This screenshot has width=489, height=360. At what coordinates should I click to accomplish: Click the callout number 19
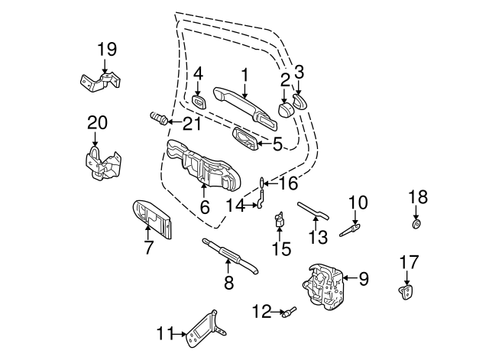(x=107, y=50)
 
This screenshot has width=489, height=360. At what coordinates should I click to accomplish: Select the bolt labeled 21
(x=158, y=119)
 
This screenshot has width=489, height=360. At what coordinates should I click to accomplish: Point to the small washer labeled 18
(x=416, y=225)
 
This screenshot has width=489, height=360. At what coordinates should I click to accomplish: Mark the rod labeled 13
(x=313, y=209)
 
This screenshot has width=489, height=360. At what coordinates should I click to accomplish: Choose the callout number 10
(x=358, y=203)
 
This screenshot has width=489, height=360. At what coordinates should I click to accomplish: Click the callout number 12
(x=262, y=310)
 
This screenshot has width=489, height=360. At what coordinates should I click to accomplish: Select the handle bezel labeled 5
(x=248, y=138)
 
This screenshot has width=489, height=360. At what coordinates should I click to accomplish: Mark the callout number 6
(x=204, y=207)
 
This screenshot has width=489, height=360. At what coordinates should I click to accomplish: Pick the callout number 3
(x=300, y=73)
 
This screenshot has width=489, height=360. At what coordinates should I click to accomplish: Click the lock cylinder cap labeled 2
(x=285, y=109)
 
